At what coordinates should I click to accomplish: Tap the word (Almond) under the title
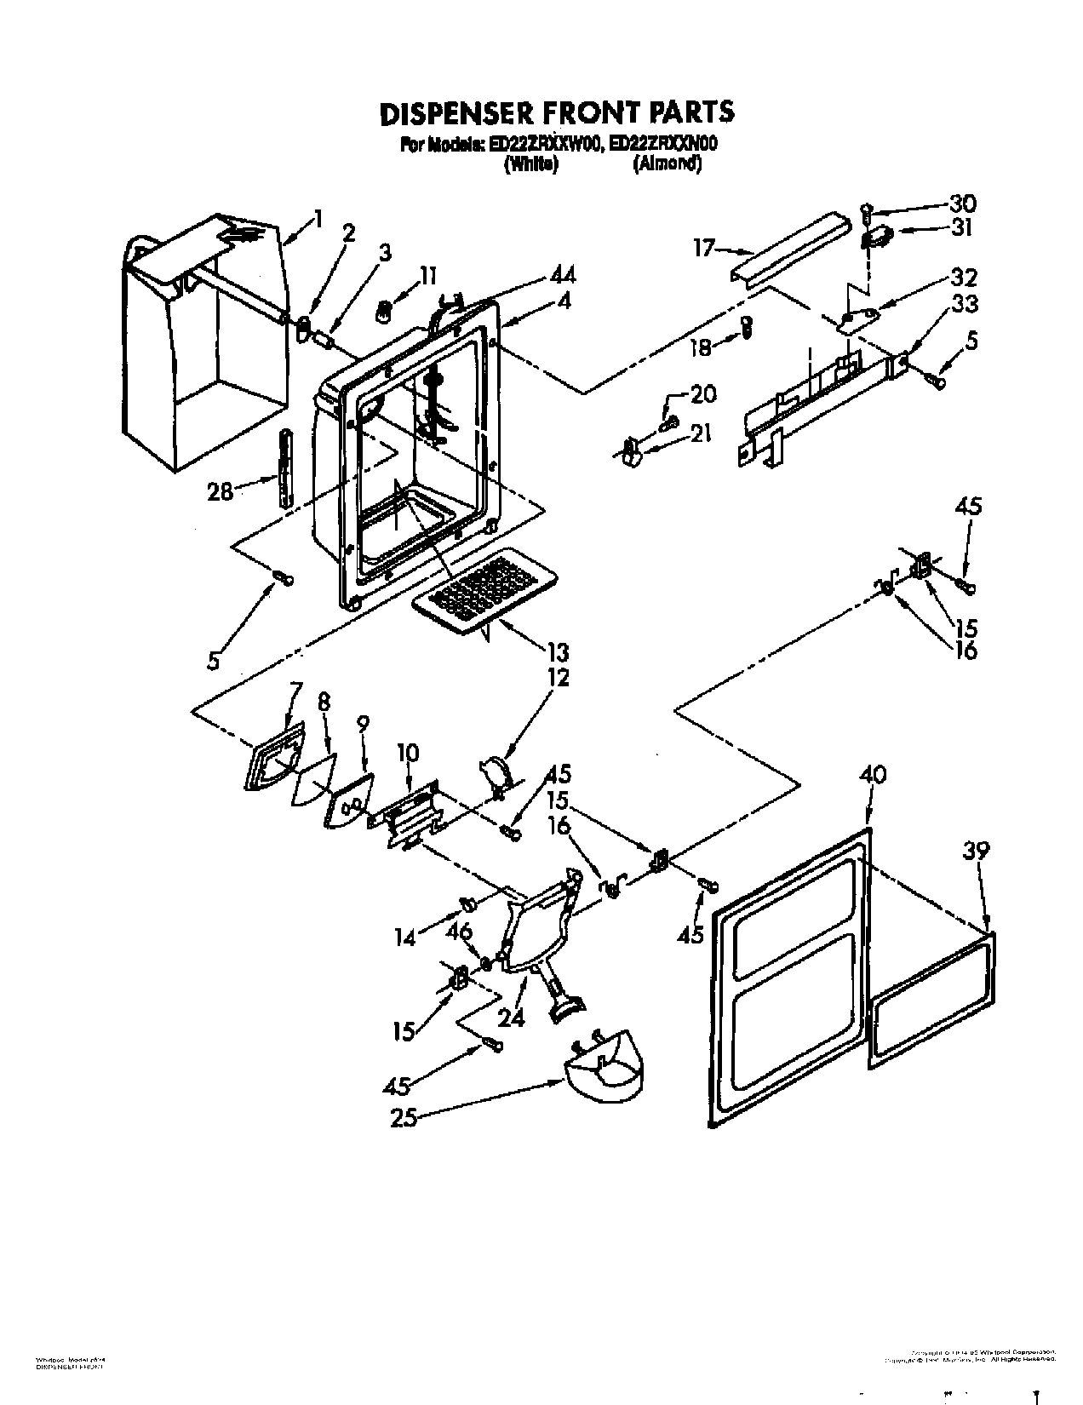click(667, 165)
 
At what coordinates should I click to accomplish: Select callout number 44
click(562, 275)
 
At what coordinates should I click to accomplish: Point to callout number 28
click(220, 492)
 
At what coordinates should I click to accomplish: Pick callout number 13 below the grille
click(559, 654)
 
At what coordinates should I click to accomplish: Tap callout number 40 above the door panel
click(873, 775)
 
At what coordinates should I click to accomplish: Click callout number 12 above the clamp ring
click(559, 679)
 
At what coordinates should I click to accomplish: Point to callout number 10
click(409, 754)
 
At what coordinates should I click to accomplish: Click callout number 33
click(965, 303)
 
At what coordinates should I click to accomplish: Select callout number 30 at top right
click(963, 204)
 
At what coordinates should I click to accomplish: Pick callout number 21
click(701, 434)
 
